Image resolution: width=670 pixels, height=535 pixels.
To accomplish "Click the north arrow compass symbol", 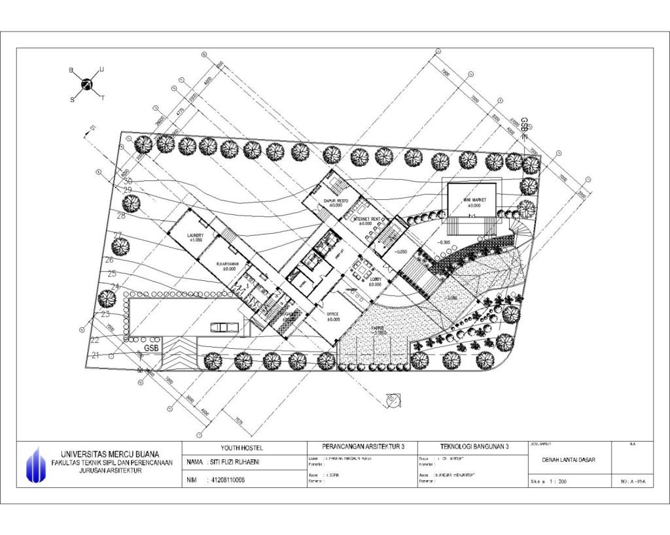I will click(86, 84).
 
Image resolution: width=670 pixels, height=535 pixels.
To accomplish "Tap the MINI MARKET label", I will click(470, 199).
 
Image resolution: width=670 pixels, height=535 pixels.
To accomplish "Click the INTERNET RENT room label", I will click(366, 219).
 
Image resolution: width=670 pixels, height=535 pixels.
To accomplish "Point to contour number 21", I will click(96, 355).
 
